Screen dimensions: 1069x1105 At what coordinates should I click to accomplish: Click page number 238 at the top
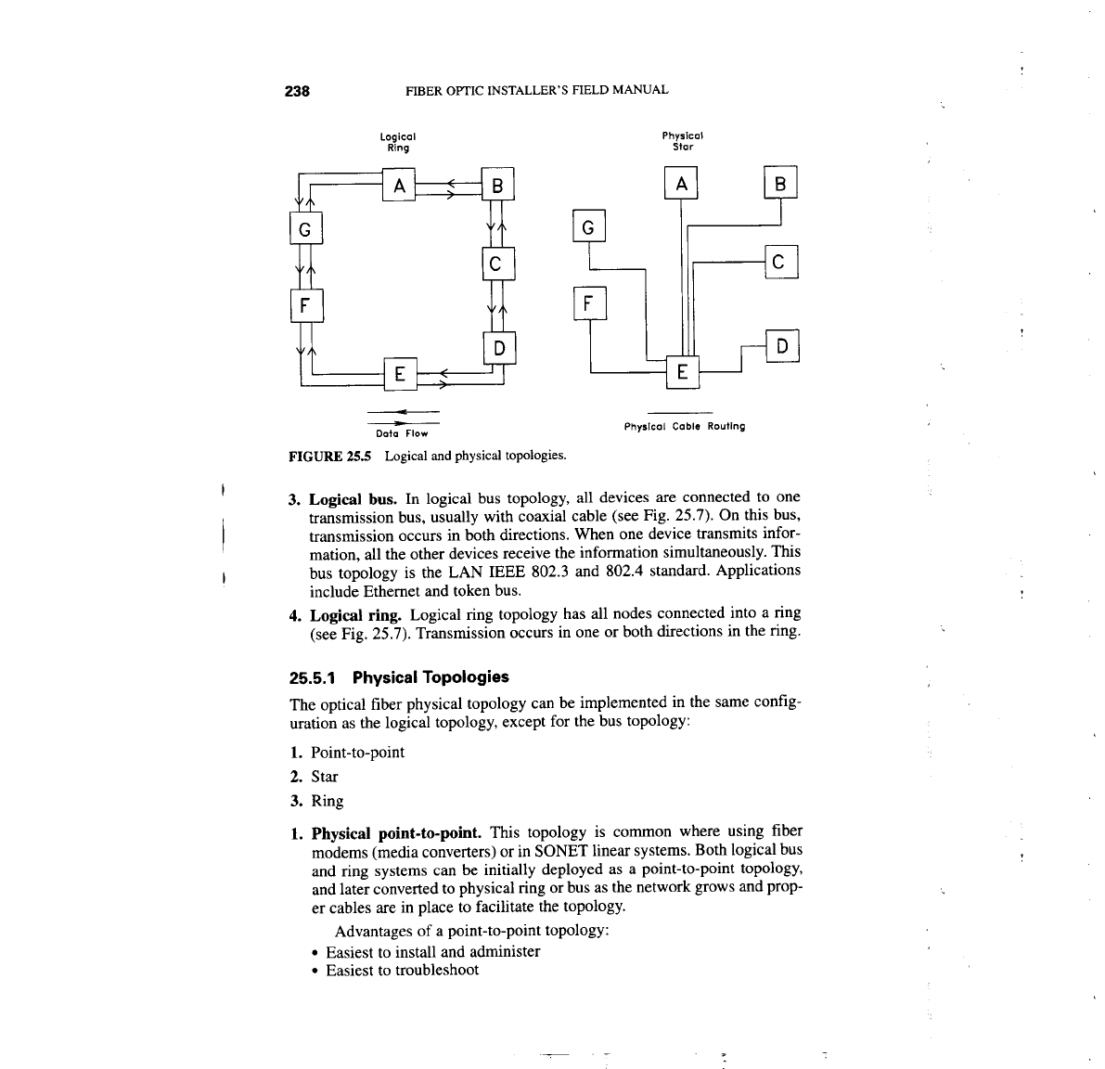(296, 91)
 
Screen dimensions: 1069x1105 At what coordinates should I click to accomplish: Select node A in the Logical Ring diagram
(399, 186)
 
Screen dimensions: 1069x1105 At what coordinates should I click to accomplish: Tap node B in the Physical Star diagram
(780, 185)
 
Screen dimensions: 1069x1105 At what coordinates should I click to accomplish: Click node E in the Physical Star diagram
(682, 372)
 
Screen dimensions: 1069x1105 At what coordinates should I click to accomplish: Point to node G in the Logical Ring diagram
(305, 227)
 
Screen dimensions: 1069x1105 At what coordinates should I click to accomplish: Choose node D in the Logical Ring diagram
(498, 349)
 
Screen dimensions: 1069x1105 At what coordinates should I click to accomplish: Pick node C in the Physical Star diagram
(779, 264)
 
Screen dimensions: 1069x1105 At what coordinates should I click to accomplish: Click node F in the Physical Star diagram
(589, 303)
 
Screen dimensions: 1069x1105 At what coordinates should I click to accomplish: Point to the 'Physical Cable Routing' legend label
(684, 427)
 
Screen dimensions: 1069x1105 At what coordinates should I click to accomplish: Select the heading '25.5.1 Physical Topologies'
(399, 676)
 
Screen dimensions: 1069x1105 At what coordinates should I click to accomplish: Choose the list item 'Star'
(324, 777)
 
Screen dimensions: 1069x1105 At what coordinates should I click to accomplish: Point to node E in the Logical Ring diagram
(399, 375)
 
